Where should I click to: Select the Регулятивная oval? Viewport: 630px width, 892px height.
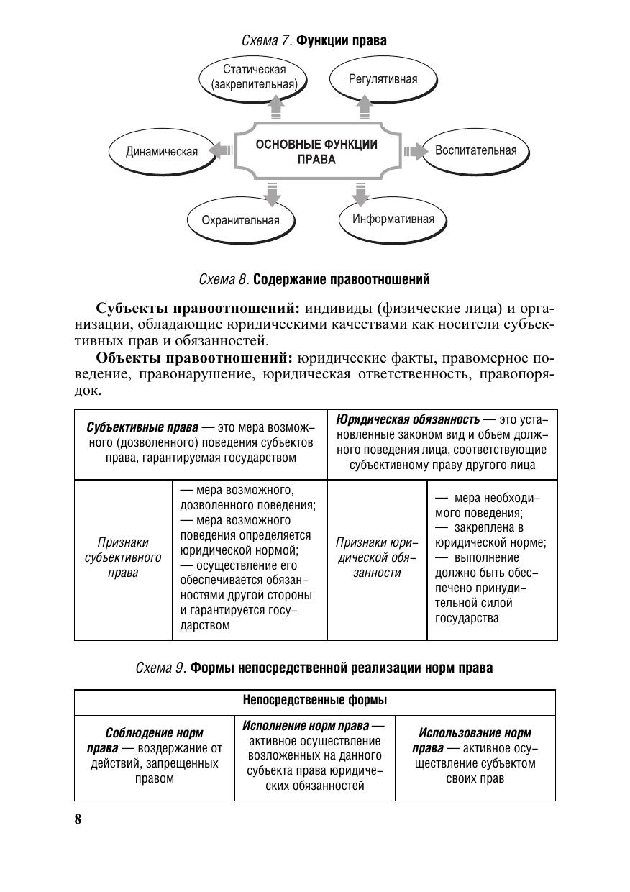(383, 79)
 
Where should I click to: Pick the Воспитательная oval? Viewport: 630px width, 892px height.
(475, 151)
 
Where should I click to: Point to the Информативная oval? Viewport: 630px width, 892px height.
(393, 219)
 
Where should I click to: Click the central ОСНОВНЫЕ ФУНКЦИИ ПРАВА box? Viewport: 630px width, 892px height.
(316, 152)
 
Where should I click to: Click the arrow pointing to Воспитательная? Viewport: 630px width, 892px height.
(413, 151)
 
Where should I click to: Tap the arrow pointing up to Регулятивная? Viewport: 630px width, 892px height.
(365, 107)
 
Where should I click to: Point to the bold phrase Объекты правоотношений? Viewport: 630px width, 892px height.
(194, 358)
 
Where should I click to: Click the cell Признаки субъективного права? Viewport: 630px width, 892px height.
(123, 557)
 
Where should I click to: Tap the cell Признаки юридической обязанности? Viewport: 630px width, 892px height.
(377, 557)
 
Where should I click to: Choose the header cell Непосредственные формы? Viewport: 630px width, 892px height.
(314, 701)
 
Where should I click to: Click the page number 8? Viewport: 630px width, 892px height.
(78, 820)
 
